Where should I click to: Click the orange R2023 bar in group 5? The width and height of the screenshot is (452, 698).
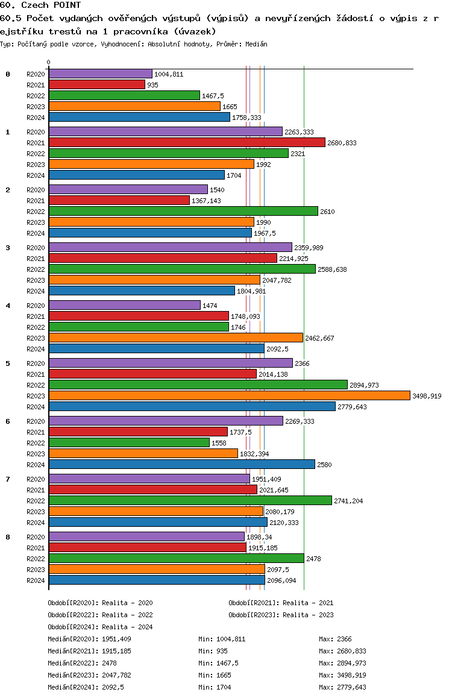[229, 395]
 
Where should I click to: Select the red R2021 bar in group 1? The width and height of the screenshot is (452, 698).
[187, 142]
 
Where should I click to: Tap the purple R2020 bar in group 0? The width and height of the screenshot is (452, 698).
[100, 74]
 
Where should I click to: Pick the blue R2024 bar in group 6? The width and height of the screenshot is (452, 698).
[181, 464]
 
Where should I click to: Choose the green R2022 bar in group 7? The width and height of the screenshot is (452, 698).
[190, 500]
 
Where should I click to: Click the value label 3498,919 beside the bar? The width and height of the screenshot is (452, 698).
[427, 396]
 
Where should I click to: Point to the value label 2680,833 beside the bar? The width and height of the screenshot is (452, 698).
[342, 143]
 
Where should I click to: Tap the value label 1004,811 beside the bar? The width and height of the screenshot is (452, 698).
[169, 74]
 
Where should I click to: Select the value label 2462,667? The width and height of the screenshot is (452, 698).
[319, 338]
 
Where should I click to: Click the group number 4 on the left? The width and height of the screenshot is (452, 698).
[8, 306]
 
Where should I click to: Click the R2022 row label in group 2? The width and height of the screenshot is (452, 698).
[36, 212]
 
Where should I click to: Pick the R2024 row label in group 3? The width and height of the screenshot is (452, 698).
[36, 291]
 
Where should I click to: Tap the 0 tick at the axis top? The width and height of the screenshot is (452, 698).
[49, 63]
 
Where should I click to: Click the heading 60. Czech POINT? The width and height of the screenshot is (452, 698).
[40, 5]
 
